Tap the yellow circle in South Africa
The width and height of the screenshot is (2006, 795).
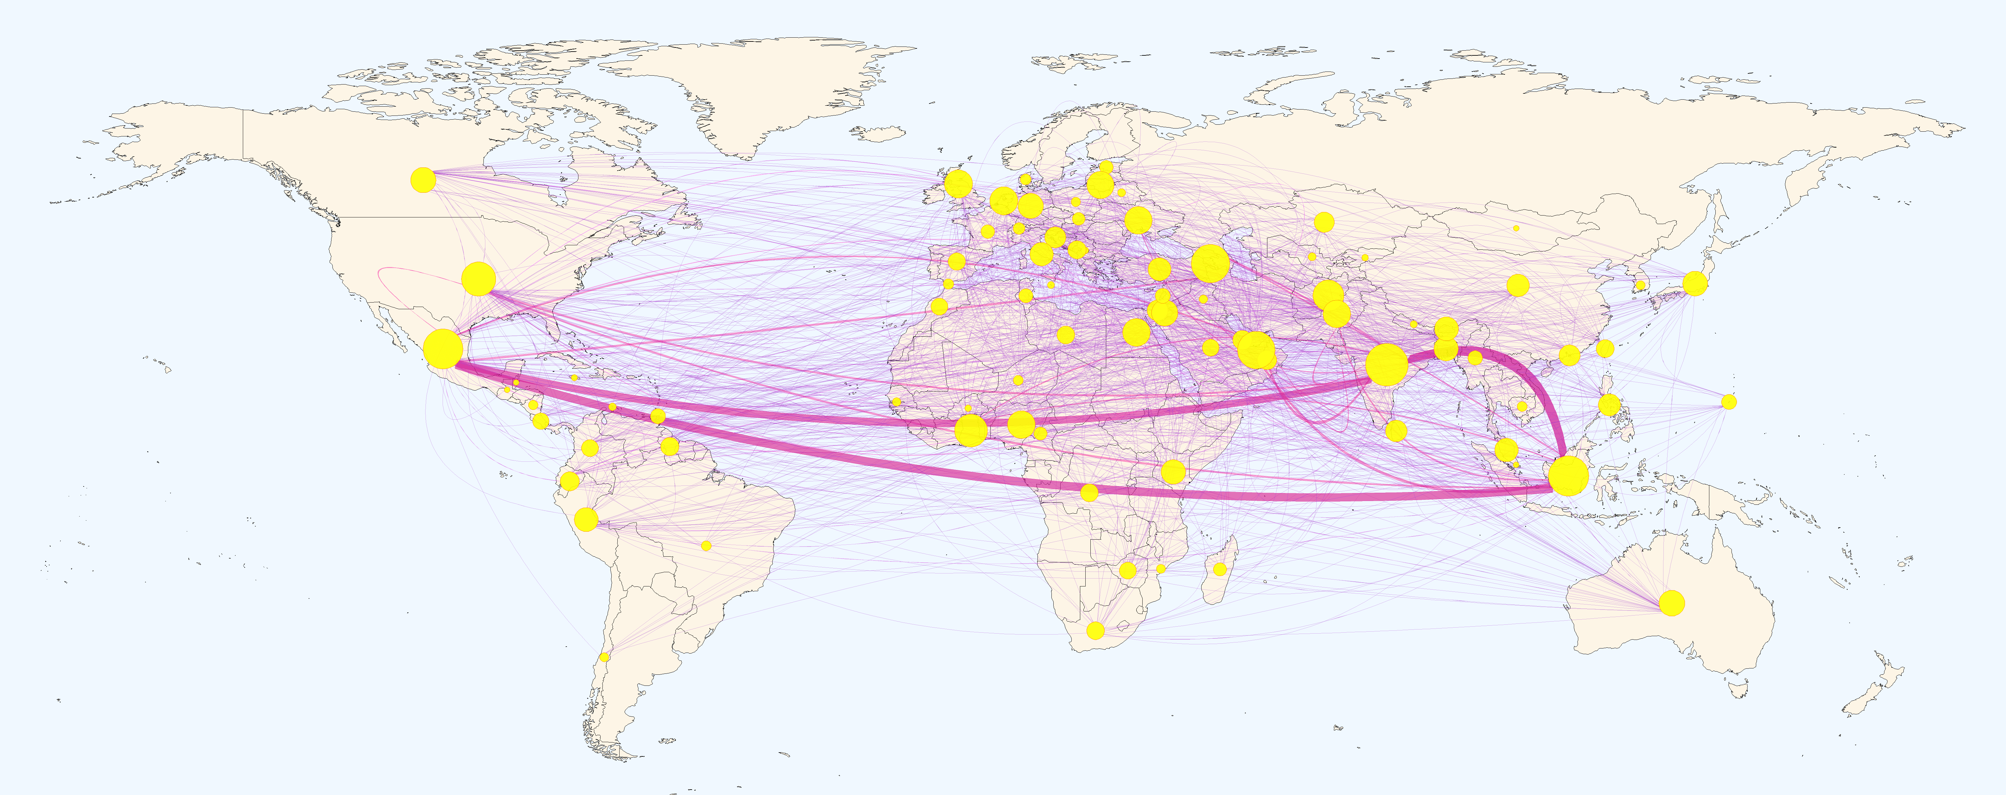[x=1095, y=630]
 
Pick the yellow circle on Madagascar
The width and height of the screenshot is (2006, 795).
[x=1220, y=569]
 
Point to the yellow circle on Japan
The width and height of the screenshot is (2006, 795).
[x=1694, y=284]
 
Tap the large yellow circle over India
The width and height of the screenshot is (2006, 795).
[x=1386, y=365]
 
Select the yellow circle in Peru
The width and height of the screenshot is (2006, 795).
[x=586, y=519]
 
